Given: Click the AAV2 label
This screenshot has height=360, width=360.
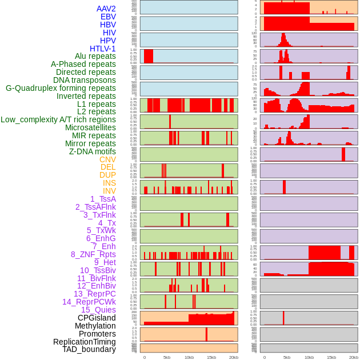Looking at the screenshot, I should [x=106, y=9].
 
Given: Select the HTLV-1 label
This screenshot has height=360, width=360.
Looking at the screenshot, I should [x=103, y=49].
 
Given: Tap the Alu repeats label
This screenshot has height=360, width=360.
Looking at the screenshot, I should [x=95, y=56].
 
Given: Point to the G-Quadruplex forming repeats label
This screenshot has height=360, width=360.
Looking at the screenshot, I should [x=61, y=88].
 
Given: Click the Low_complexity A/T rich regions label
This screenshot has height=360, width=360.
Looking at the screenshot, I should [x=58, y=119].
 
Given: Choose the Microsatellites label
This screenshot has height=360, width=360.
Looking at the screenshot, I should [x=90, y=127].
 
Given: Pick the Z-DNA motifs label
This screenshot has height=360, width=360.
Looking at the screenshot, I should [x=93, y=151].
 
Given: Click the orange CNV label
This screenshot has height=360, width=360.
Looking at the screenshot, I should [x=107, y=159].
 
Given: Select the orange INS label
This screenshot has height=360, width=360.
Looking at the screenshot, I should [x=109, y=183].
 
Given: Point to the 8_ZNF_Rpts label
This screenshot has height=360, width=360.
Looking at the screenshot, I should [x=93, y=254].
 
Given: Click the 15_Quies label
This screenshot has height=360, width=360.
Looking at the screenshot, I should [x=98, y=310].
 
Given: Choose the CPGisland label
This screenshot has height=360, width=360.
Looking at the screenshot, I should [x=97, y=318].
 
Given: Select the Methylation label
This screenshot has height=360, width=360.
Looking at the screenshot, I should [x=95, y=326].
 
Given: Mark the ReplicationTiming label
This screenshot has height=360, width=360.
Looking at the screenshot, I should [x=85, y=342].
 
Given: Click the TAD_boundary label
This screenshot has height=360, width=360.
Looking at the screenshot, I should [x=89, y=349].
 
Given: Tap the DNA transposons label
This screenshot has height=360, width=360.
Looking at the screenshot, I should [x=85, y=80].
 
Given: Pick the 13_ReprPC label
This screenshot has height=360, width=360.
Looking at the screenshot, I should [x=94, y=294].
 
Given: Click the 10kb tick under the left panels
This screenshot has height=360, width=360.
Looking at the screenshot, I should [x=189, y=357].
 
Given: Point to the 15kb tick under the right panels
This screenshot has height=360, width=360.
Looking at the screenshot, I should [x=331, y=357].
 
